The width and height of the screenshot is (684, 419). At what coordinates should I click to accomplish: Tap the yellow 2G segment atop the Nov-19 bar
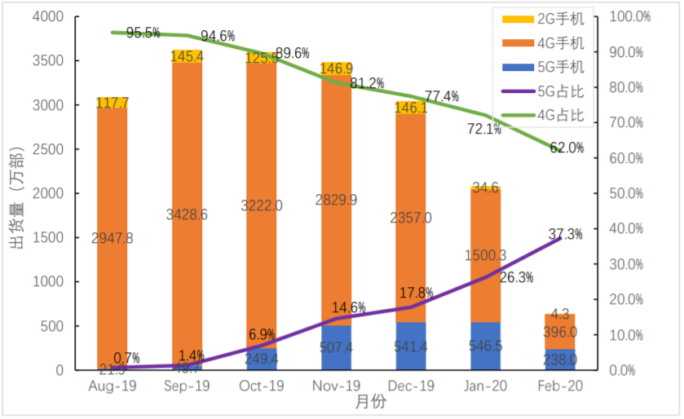coord(338,68)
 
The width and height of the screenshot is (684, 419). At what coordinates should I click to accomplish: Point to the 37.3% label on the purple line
coord(565,235)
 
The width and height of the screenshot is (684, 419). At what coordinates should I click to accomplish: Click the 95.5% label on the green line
coord(143,33)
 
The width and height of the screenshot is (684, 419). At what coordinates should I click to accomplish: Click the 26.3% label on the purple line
coord(516,278)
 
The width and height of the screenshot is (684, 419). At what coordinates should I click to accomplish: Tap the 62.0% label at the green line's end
coord(567,148)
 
